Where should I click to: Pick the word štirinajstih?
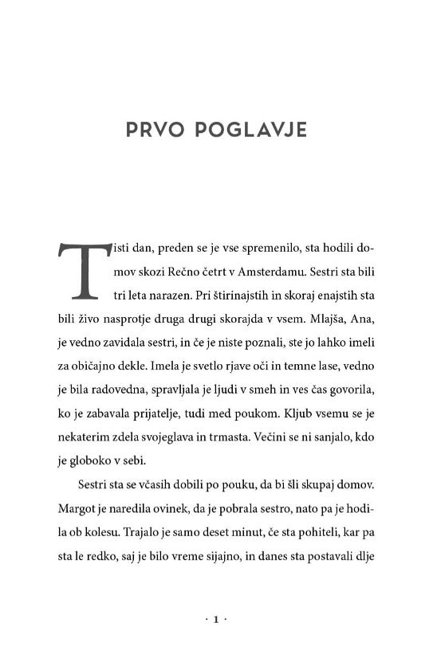239,296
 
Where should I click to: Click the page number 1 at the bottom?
216,619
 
